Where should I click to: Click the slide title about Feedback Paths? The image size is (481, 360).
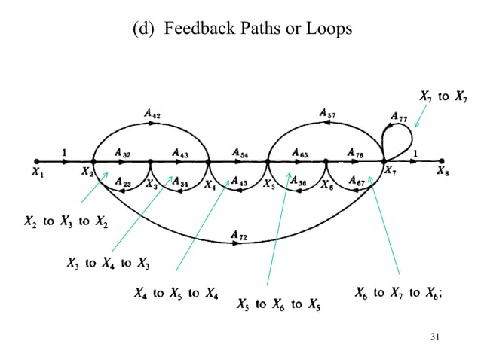(x=240, y=29)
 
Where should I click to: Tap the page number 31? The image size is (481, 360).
(x=433, y=335)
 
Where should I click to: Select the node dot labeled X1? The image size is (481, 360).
(x=36, y=160)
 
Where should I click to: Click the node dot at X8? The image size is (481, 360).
(x=442, y=160)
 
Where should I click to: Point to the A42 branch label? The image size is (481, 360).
(x=152, y=114)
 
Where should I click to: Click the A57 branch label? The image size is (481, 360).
(x=327, y=114)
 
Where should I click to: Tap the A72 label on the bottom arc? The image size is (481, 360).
(x=238, y=236)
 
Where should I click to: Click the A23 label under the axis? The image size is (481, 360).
(x=124, y=182)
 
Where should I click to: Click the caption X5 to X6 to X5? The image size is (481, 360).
(x=278, y=305)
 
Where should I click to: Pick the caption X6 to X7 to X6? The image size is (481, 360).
(x=398, y=293)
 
